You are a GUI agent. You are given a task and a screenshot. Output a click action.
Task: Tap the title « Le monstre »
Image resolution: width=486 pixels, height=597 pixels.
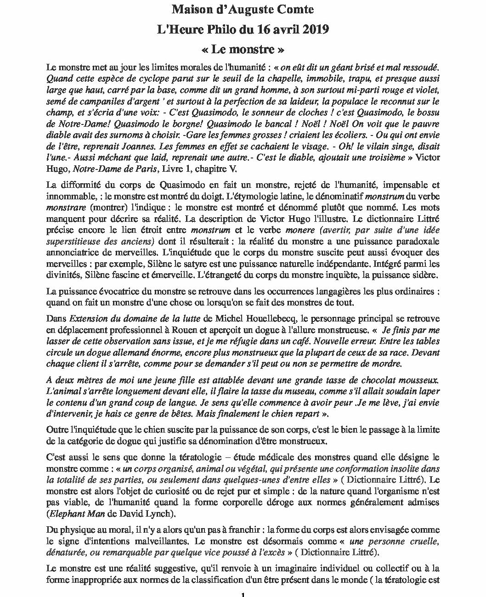[243, 49]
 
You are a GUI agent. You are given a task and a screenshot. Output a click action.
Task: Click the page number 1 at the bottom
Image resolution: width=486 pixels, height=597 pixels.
[243, 594]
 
